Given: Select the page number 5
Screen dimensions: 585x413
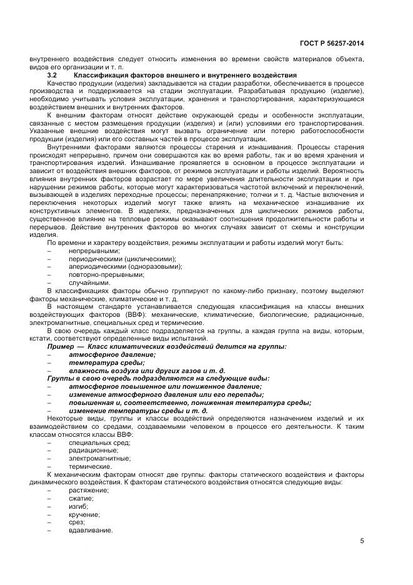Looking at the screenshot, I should pyautogui.click(x=362, y=541).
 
